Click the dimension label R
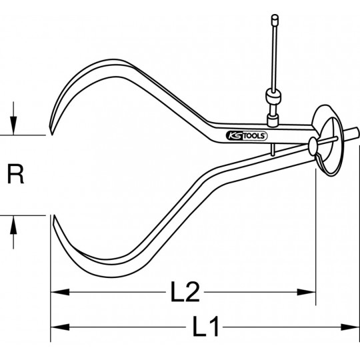pyautogui.click(x=15, y=174)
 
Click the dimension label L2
pyautogui.click(x=185, y=292)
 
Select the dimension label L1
pyautogui.click(x=205, y=327)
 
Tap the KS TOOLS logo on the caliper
pyautogui.click(x=247, y=136)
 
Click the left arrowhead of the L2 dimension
pyautogui.click(x=60, y=292)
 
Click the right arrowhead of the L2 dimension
pyautogui.click(x=307, y=292)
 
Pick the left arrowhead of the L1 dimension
pyautogui.click(x=60, y=327)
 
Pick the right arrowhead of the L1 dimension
pyautogui.click(x=350, y=327)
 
